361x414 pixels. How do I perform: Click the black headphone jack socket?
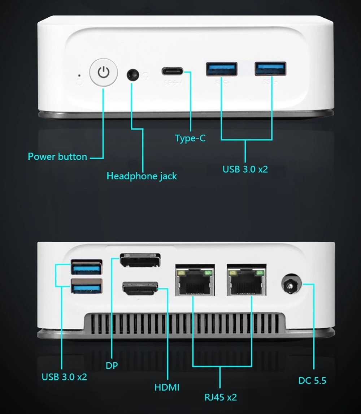[x=133, y=75]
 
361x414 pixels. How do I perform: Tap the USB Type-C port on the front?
[x=172, y=71]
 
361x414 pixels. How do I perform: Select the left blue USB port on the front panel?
[x=222, y=69]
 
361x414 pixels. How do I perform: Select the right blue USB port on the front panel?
[x=270, y=69]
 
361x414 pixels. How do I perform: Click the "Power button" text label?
[x=57, y=156]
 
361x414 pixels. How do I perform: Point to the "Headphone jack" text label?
[x=142, y=176]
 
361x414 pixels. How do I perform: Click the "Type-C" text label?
[x=190, y=138]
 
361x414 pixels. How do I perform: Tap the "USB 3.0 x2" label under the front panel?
[x=245, y=169]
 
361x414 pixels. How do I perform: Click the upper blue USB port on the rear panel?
[x=87, y=267]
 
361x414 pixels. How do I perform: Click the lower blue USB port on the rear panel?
[x=87, y=286]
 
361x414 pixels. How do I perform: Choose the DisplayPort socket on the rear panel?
[x=140, y=260]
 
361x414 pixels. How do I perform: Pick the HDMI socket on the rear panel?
[x=140, y=289]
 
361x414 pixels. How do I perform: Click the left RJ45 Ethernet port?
[x=195, y=280]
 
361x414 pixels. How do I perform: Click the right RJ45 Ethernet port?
[x=247, y=280]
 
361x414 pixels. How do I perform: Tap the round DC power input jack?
[x=291, y=284]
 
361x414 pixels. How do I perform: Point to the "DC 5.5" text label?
[x=312, y=380]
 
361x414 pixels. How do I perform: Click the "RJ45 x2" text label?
[x=221, y=397]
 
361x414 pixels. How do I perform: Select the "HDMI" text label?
[x=167, y=387]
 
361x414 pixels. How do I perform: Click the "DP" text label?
[x=112, y=366]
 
